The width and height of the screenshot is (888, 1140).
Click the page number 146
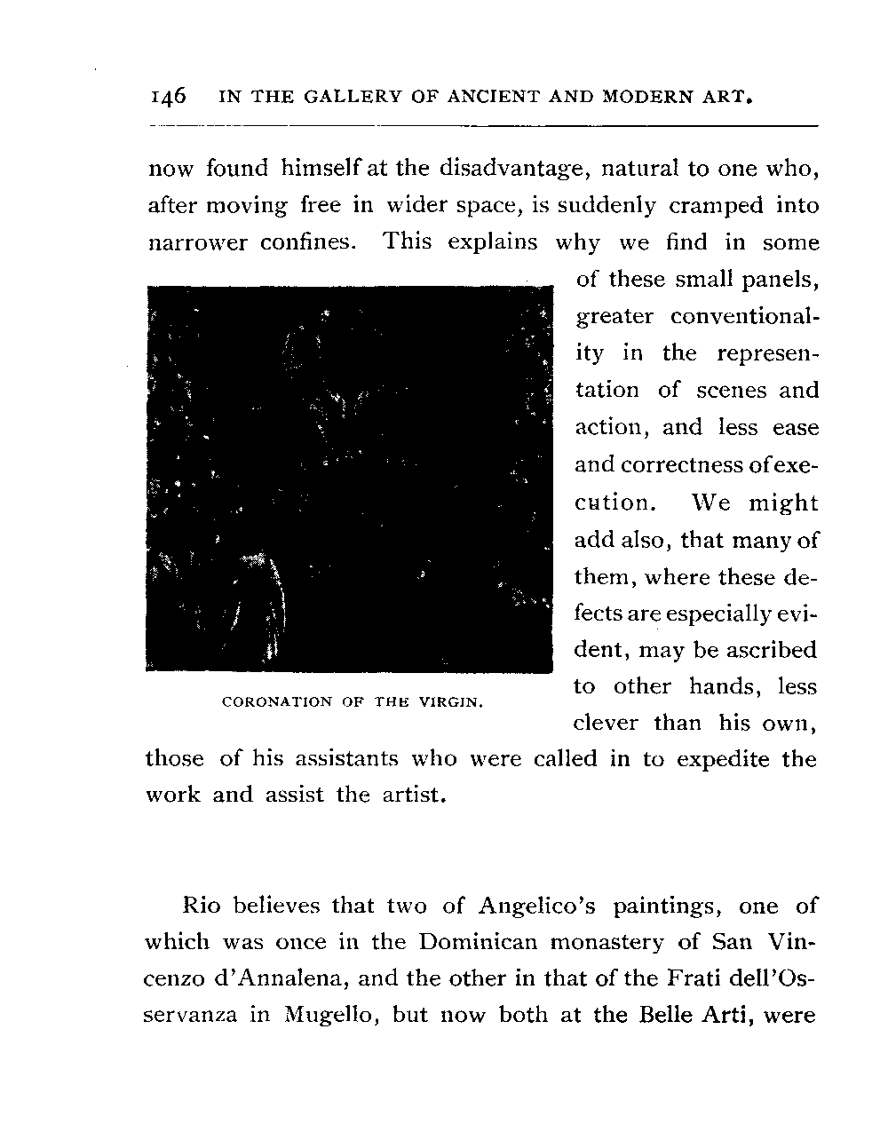click(x=168, y=96)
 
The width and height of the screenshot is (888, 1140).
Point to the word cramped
click(x=716, y=206)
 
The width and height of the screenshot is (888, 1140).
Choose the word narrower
click(x=197, y=243)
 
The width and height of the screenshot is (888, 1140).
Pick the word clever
click(x=607, y=724)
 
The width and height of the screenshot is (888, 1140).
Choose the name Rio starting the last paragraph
click(x=202, y=906)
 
